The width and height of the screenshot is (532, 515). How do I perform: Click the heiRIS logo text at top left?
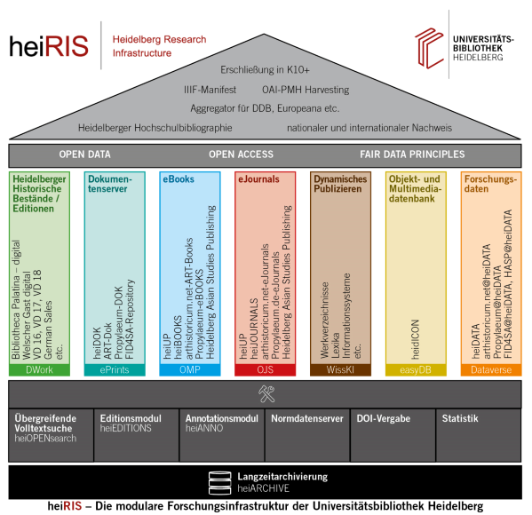point(49,46)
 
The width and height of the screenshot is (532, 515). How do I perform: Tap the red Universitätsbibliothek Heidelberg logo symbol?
point(429,48)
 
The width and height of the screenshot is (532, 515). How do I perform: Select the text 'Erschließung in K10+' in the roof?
point(265,70)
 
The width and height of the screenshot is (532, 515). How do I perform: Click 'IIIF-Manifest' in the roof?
point(210,90)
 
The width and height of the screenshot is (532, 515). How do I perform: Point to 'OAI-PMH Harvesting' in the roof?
point(306,90)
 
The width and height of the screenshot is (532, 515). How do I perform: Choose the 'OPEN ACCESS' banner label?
point(241,154)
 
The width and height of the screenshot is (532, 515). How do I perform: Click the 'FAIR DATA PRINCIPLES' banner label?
point(412,154)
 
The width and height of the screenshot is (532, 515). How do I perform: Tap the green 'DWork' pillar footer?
point(39,369)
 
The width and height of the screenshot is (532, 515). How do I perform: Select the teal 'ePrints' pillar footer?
point(115,369)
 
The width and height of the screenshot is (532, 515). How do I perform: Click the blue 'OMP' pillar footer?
point(190,369)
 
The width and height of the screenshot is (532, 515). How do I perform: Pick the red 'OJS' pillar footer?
point(266,369)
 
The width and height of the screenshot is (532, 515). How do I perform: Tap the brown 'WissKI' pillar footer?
point(341,369)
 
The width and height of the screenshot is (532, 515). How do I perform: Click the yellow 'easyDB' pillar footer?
point(416,369)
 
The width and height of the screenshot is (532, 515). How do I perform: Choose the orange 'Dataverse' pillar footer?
point(491,369)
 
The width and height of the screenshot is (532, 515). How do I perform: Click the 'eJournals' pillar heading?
point(258,179)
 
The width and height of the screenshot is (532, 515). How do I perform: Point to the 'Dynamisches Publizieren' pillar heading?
point(340,184)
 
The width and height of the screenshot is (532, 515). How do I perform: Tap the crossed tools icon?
point(266,394)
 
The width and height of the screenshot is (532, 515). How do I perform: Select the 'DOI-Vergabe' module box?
point(393,435)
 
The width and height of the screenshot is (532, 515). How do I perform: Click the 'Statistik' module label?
point(460,418)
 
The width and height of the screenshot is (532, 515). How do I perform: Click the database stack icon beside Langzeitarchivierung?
point(220,483)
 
